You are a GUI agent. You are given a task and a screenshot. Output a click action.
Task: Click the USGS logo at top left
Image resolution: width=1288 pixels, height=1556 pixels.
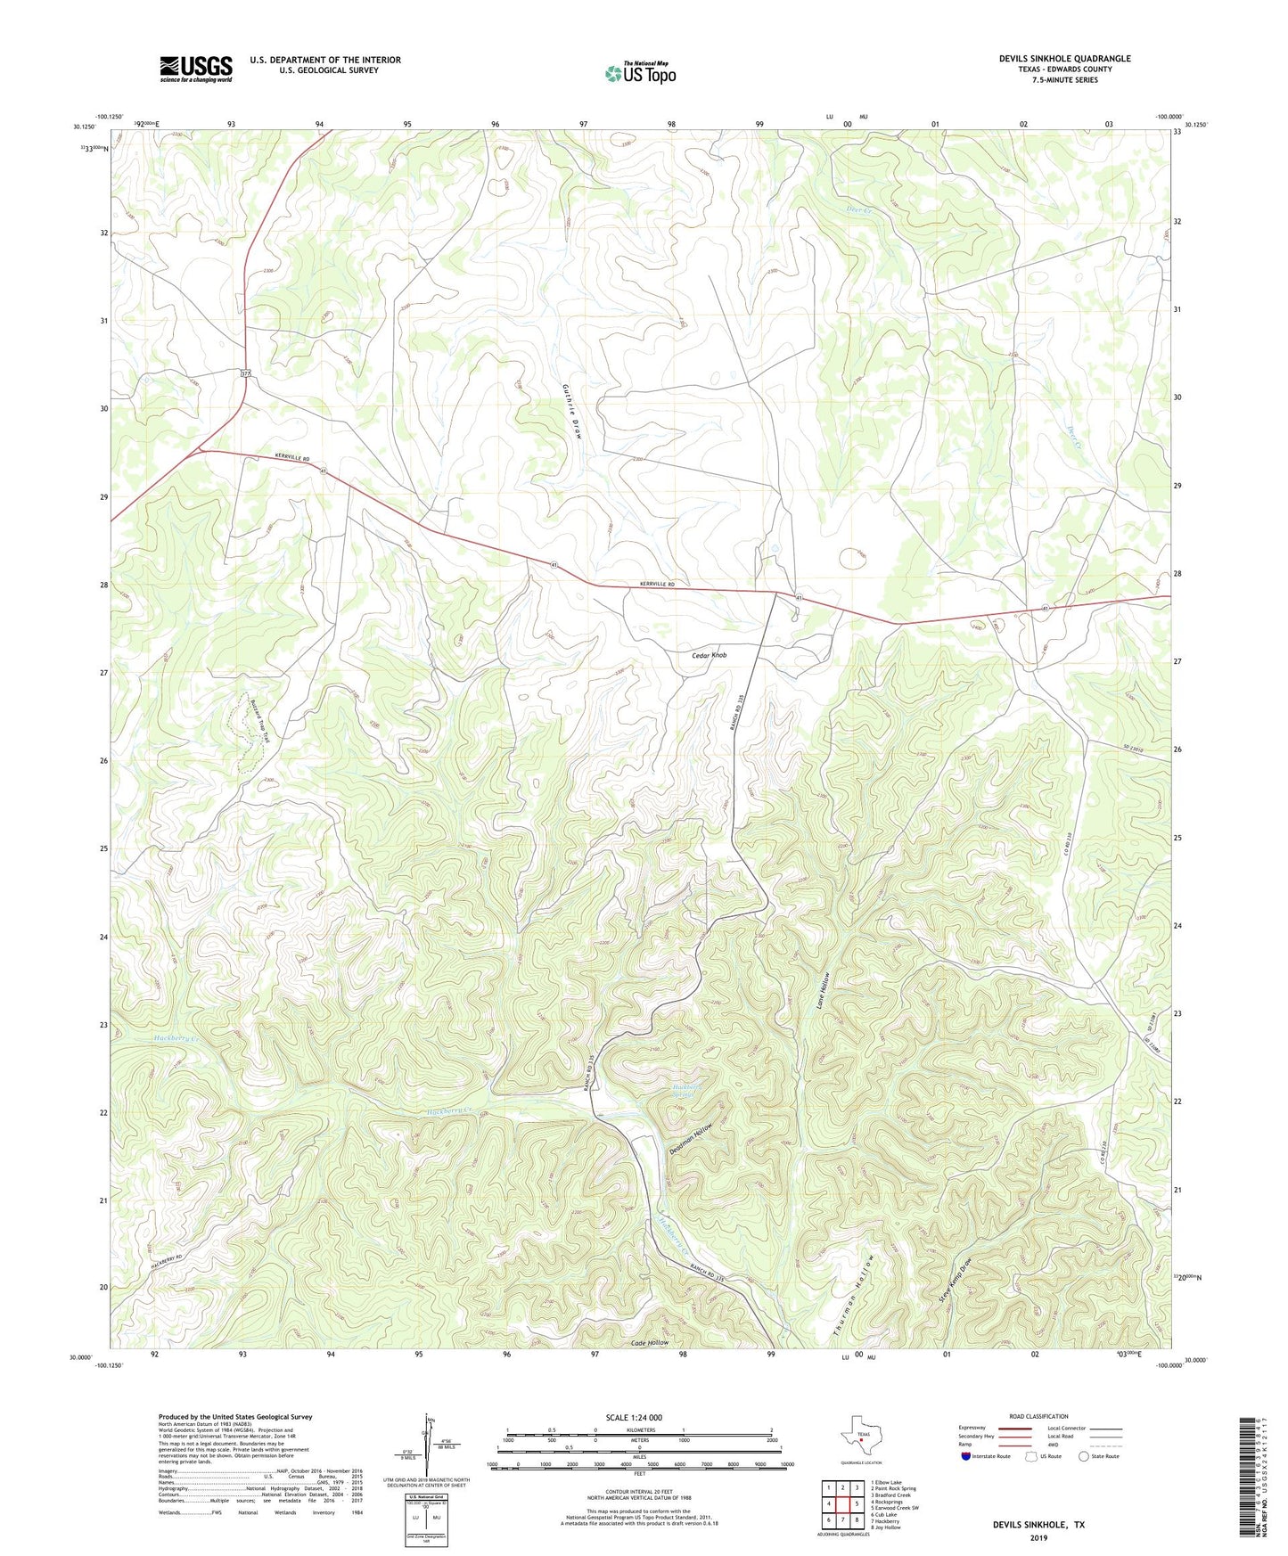tap(195, 69)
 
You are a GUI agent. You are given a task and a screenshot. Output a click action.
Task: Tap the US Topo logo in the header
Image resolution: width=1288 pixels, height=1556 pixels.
tap(639, 73)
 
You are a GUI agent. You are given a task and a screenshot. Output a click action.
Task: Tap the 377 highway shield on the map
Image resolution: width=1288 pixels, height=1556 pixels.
tap(245, 374)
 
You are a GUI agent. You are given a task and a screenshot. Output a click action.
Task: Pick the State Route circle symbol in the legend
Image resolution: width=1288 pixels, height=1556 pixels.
tap(1084, 1456)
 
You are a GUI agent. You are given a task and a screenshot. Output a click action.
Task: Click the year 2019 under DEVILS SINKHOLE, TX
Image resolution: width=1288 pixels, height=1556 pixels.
tap(1038, 1537)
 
